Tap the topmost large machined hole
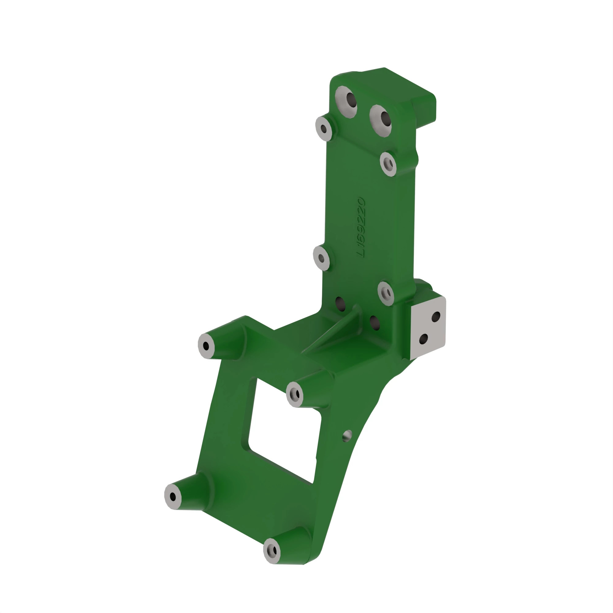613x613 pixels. point(346,101)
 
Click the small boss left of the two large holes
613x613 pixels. point(324,128)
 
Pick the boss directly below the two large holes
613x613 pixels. point(388,164)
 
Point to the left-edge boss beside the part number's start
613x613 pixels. point(322,258)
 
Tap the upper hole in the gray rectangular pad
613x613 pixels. point(436,316)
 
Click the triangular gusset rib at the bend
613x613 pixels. point(336,330)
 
